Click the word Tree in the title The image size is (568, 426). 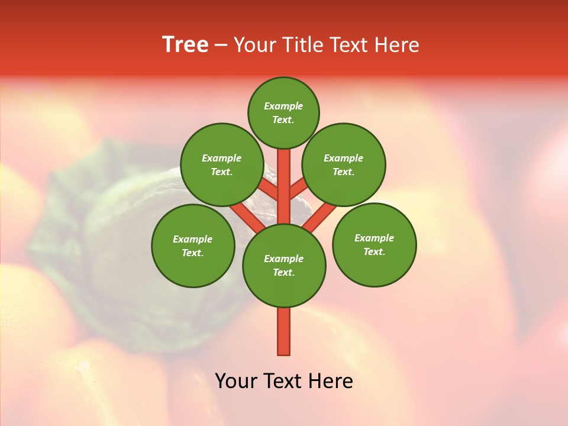[x=185, y=45]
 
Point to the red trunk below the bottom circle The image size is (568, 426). [x=284, y=331]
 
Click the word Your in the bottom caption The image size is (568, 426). [x=236, y=382]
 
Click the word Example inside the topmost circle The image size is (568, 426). [x=283, y=106]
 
